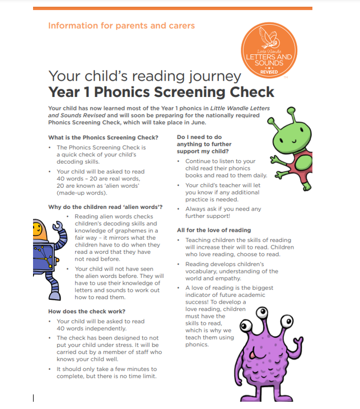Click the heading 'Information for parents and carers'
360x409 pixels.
[x=121, y=26]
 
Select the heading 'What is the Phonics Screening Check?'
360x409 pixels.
[x=104, y=137]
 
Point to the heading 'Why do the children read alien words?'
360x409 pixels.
[x=105, y=207]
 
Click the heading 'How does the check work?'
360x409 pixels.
[x=87, y=312]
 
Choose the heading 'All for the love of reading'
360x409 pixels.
[x=214, y=230]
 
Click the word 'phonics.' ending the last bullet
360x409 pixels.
[x=197, y=344]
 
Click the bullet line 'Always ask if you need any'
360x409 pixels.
[x=223, y=209]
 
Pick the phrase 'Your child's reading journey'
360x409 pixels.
[x=144, y=76]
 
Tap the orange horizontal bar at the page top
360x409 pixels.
[x=172, y=8]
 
